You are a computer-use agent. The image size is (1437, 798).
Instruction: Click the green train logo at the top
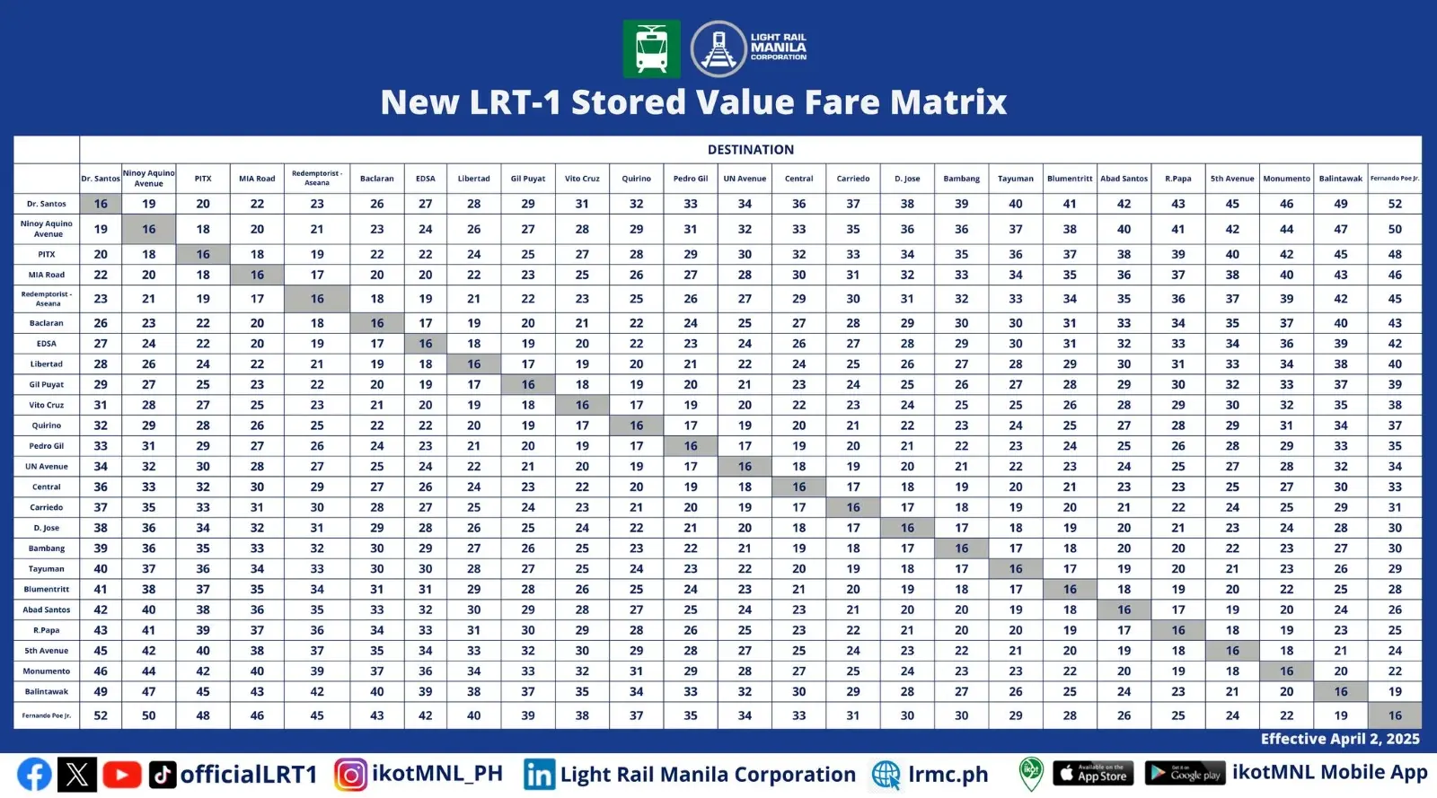(651, 48)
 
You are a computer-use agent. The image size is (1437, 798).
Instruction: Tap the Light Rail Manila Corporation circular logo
(718, 48)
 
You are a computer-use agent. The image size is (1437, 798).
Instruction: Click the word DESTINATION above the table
(750, 150)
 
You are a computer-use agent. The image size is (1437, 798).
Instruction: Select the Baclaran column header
(377, 179)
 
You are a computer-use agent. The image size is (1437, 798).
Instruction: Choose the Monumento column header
(1286, 179)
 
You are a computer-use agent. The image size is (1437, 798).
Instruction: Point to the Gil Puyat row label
(47, 384)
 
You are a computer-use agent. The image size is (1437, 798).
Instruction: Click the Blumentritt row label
(47, 589)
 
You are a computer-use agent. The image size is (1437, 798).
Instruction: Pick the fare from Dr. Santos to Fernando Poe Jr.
(1394, 204)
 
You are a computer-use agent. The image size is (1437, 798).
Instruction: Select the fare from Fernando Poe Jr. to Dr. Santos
(101, 715)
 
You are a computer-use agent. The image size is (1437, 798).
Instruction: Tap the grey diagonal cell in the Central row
(798, 487)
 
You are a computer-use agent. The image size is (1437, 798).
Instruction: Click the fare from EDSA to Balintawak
(1340, 344)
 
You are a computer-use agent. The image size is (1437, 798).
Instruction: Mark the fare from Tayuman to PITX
(203, 569)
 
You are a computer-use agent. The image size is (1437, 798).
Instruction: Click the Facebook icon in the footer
(34, 774)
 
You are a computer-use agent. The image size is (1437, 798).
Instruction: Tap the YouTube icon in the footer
(121, 774)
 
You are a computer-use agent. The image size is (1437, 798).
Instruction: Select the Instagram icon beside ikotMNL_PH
(350, 774)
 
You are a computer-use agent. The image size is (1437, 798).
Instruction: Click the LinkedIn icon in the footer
(539, 774)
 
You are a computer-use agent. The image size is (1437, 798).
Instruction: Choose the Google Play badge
(1185, 773)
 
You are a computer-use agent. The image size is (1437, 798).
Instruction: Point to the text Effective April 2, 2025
(1339, 739)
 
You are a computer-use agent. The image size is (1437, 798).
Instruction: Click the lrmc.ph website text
(948, 775)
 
